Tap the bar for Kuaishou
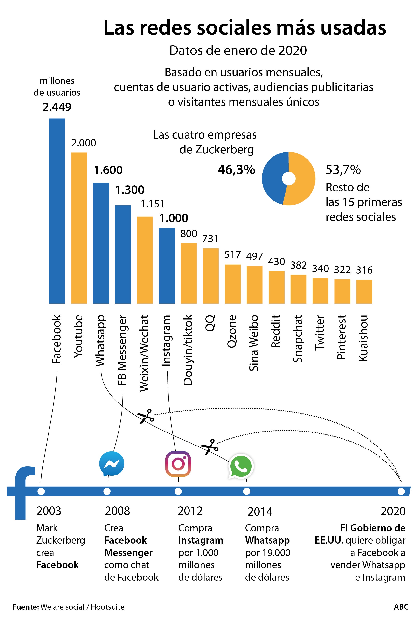click(x=364, y=291)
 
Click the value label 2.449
click(x=57, y=107)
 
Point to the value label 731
click(x=210, y=239)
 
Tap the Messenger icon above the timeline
click(x=111, y=464)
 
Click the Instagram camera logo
click(x=178, y=464)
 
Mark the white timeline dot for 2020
click(x=401, y=491)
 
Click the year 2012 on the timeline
click(x=190, y=511)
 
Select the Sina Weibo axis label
click(x=254, y=343)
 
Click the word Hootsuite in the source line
click(x=107, y=607)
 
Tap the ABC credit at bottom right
click(x=401, y=607)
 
